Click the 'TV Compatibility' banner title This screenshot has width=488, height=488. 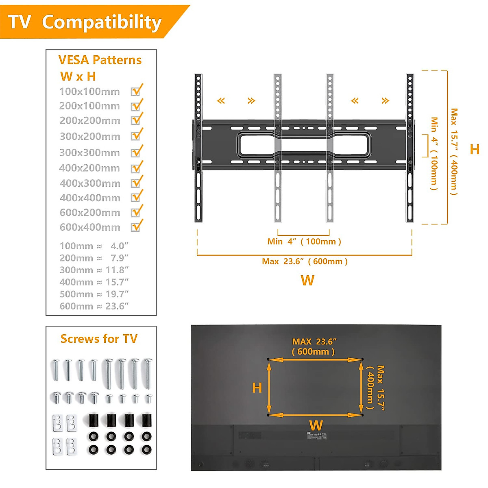tap(85, 22)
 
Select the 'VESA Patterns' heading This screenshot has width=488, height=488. tap(100, 60)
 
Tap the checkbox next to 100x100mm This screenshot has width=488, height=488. tap(136, 91)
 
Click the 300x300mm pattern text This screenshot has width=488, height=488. tap(90, 153)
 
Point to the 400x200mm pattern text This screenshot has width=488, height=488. tap(89, 168)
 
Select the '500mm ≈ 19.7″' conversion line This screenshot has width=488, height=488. tap(94, 294)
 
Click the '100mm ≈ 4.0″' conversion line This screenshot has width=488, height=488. tap(94, 246)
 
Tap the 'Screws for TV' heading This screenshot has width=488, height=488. tap(99, 339)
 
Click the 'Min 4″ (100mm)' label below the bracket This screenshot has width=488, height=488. tap(304, 242)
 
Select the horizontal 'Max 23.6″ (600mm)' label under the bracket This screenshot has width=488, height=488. tap(305, 261)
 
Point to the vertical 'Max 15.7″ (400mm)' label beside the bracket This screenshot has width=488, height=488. tap(454, 151)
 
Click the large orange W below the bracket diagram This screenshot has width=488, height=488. tap(307, 280)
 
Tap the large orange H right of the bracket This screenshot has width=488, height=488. tap(474, 149)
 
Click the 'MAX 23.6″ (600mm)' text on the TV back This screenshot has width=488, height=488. tap(314, 346)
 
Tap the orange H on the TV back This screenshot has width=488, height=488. tap(257, 388)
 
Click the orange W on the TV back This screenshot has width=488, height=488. tap(316, 425)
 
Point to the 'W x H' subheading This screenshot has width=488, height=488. tap(78, 76)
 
